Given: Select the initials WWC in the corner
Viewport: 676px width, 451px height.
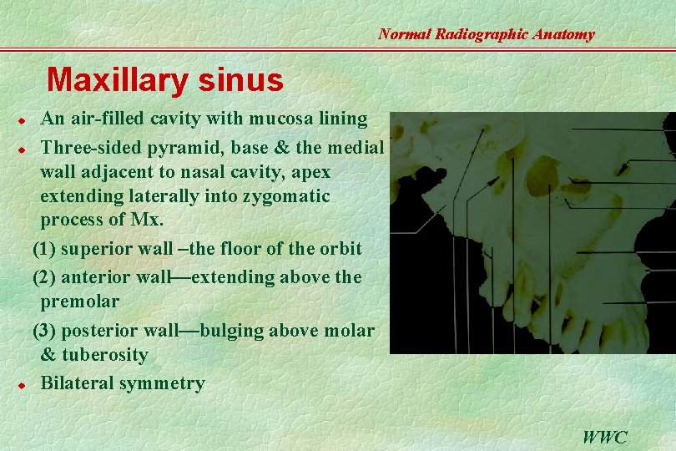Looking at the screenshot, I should click(x=605, y=436).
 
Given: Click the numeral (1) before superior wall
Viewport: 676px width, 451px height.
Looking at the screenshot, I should click(x=46, y=249).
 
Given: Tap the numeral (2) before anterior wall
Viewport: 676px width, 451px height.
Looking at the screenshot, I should click(x=46, y=276).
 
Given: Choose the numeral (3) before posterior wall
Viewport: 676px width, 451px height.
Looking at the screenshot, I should click(x=46, y=331).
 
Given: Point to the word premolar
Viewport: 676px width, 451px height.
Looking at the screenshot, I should click(x=80, y=301).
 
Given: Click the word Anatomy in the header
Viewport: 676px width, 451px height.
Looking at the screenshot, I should click(x=567, y=34).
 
